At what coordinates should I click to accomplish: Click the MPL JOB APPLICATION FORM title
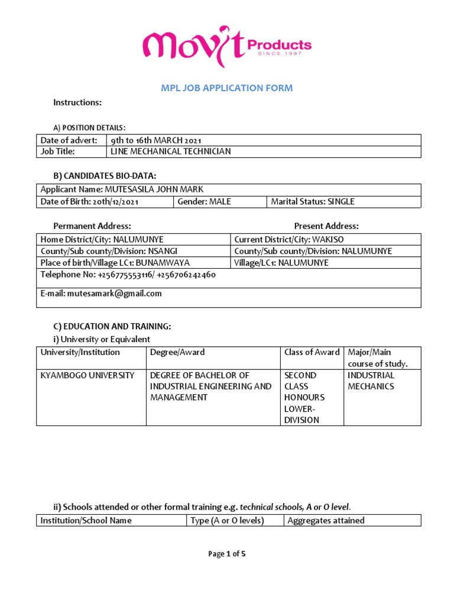point(227,88)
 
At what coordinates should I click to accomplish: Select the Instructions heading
point(77,102)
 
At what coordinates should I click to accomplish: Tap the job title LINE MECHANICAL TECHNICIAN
point(171,151)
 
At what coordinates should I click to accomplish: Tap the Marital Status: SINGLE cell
point(313,202)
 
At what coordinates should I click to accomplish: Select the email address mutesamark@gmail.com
point(100,294)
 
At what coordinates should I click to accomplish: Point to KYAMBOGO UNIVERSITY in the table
point(87,375)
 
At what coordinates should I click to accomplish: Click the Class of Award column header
point(312,352)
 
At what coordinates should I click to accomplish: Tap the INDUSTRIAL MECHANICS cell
point(371,381)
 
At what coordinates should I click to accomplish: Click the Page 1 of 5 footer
point(226,554)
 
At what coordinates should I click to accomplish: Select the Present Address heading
point(326,226)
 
